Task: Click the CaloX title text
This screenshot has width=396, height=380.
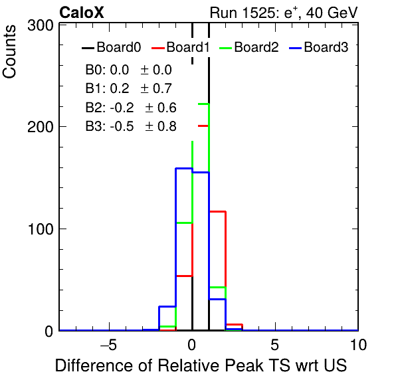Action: point(81,13)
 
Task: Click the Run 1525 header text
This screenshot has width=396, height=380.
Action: point(284,13)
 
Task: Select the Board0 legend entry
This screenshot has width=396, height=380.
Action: point(111,47)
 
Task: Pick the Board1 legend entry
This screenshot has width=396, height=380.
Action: point(180,47)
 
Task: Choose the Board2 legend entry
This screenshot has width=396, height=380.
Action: point(249,47)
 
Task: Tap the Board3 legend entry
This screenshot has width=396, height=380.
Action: point(318,47)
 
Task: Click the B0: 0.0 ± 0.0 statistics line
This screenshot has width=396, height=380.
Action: point(128,70)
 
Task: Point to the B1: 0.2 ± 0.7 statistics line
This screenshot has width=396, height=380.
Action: point(128,88)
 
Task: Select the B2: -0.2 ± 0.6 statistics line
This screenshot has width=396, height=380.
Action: point(131,108)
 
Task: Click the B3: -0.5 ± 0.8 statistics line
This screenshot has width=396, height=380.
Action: point(131,126)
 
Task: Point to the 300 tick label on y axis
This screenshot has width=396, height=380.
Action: point(40,25)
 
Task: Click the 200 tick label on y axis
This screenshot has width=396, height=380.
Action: point(40,127)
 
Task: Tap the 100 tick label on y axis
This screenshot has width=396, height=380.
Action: point(41,229)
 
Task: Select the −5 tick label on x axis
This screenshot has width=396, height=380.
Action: point(108,345)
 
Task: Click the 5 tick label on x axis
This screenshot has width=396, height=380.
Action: point(275,345)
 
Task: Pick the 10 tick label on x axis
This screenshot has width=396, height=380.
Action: point(358,345)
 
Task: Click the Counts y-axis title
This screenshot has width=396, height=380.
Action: point(9,52)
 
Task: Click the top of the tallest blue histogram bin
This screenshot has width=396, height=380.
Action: point(184,168)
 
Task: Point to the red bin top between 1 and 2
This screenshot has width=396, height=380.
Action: point(217,211)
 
